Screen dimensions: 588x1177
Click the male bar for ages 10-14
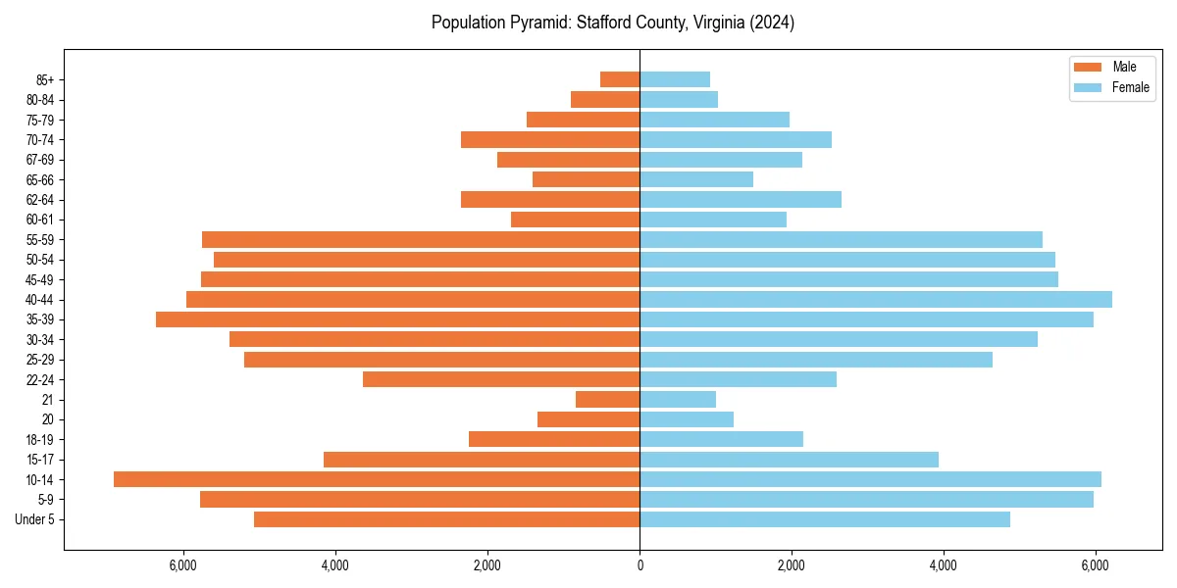coord(377,479)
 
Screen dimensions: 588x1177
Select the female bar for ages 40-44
coord(876,299)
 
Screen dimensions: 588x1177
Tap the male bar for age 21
coord(607,399)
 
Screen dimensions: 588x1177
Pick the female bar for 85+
coord(675,79)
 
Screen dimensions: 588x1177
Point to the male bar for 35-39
coord(397,319)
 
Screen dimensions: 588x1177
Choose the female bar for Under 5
coord(825,519)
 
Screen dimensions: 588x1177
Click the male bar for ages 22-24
coord(501,379)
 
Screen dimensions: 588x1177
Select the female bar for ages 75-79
coord(714,120)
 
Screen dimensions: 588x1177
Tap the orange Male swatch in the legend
coord(1088,67)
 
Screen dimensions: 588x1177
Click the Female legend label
coord(1131,87)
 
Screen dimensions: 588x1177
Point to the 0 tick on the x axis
coord(640,565)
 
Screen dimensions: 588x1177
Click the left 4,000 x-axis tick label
coord(335,565)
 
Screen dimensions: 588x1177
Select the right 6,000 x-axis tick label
coord(1096,565)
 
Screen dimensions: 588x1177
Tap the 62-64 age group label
coord(39,200)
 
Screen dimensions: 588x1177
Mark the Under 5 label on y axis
coord(34,519)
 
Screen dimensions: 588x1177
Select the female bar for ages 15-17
coord(789,460)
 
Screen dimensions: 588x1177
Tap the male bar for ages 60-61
coord(575,220)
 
